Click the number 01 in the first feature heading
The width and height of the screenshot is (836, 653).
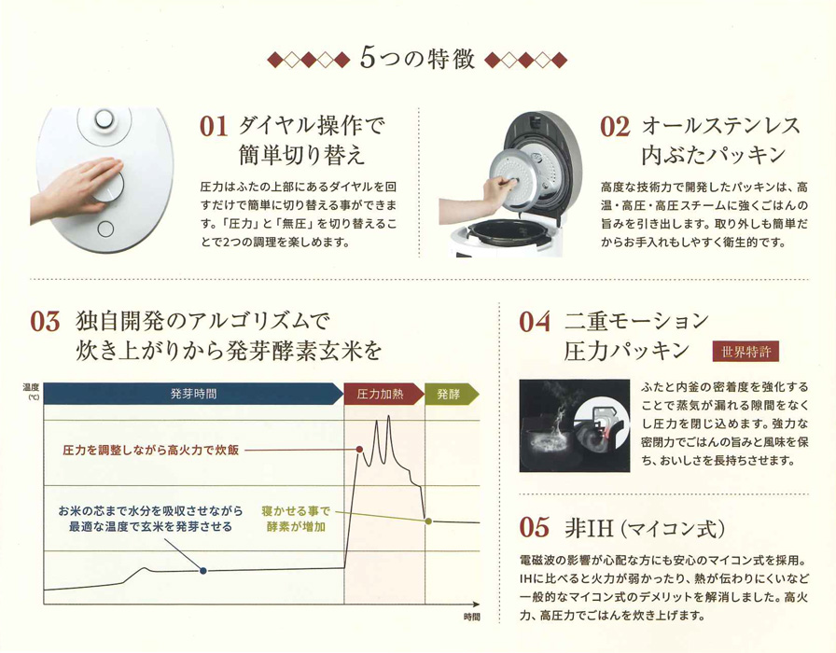click(x=213, y=128)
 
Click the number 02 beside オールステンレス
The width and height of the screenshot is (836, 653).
click(x=614, y=128)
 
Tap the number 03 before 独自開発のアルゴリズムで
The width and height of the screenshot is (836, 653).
click(x=45, y=323)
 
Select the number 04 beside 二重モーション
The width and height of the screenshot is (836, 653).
click(x=536, y=323)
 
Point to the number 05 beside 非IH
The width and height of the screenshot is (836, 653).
click(x=536, y=528)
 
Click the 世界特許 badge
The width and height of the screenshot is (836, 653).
click(x=745, y=353)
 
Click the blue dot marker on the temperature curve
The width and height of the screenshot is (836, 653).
click(x=203, y=570)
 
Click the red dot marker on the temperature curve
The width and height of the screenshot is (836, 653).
click(x=359, y=450)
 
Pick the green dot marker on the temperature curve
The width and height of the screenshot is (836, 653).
click(x=427, y=521)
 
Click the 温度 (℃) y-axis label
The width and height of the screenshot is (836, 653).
click(x=32, y=391)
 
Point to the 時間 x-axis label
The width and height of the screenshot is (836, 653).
click(x=471, y=617)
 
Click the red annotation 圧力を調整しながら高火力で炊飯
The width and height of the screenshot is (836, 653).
click(x=150, y=450)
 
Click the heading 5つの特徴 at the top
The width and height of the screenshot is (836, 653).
click(x=417, y=60)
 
